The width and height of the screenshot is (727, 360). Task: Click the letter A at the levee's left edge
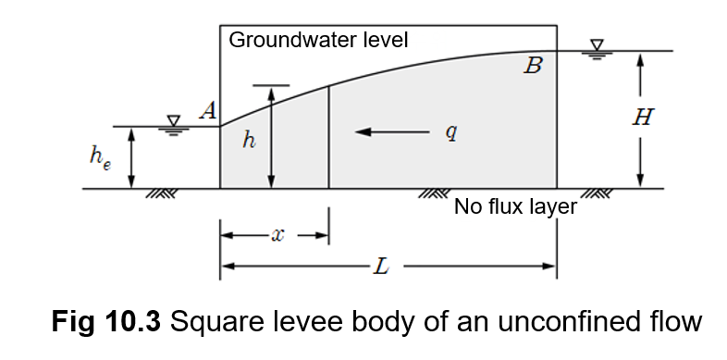point(208,112)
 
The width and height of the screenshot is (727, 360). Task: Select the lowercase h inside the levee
point(248,140)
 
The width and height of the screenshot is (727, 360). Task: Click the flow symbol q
point(450,132)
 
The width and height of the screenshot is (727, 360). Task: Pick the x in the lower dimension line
point(277,236)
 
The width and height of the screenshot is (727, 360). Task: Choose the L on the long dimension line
point(380,267)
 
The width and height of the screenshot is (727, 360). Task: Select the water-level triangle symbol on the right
point(597,46)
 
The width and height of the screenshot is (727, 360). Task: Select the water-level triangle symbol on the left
point(173,121)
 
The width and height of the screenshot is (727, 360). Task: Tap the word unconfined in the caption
point(581,322)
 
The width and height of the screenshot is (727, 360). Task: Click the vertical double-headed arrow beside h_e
point(132,157)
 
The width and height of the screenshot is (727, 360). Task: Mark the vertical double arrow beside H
point(640,119)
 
